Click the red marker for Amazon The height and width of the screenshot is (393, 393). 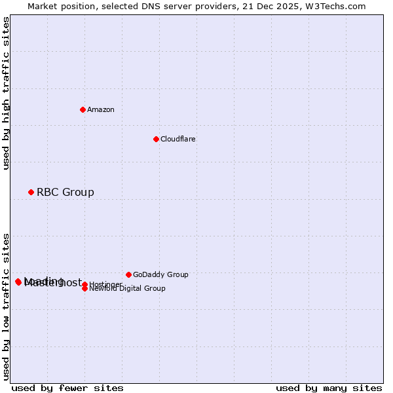(x=83, y=109)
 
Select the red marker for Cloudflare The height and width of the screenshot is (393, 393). (x=156, y=139)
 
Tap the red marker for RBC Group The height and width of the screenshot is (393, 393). (x=31, y=192)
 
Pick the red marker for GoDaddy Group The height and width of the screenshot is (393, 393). (x=128, y=274)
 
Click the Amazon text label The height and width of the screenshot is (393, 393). (x=101, y=109)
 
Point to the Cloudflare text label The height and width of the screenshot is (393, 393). (x=178, y=139)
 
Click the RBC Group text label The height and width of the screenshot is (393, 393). (x=65, y=192)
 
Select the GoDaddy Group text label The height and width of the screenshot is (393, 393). (x=160, y=274)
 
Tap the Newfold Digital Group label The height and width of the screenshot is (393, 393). (x=128, y=289)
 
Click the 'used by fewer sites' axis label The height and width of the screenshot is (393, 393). (x=67, y=388)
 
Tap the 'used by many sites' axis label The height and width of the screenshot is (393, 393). (x=329, y=388)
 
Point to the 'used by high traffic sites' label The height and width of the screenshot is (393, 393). (x=6, y=93)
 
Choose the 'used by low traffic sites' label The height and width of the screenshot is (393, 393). (x=6, y=306)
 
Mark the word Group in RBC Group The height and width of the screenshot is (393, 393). (x=79, y=192)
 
